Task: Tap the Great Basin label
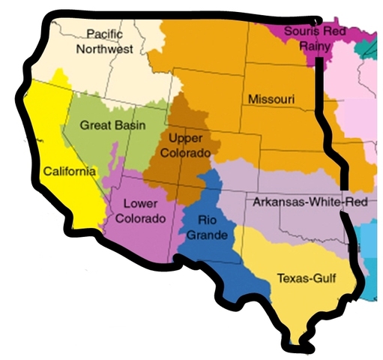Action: click(x=112, y=124)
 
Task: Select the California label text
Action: click(x=69, y=171)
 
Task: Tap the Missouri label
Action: click(x=271, y=99)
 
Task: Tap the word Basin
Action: click(x=130, y=124)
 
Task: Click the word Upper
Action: click(x=186, y=139)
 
